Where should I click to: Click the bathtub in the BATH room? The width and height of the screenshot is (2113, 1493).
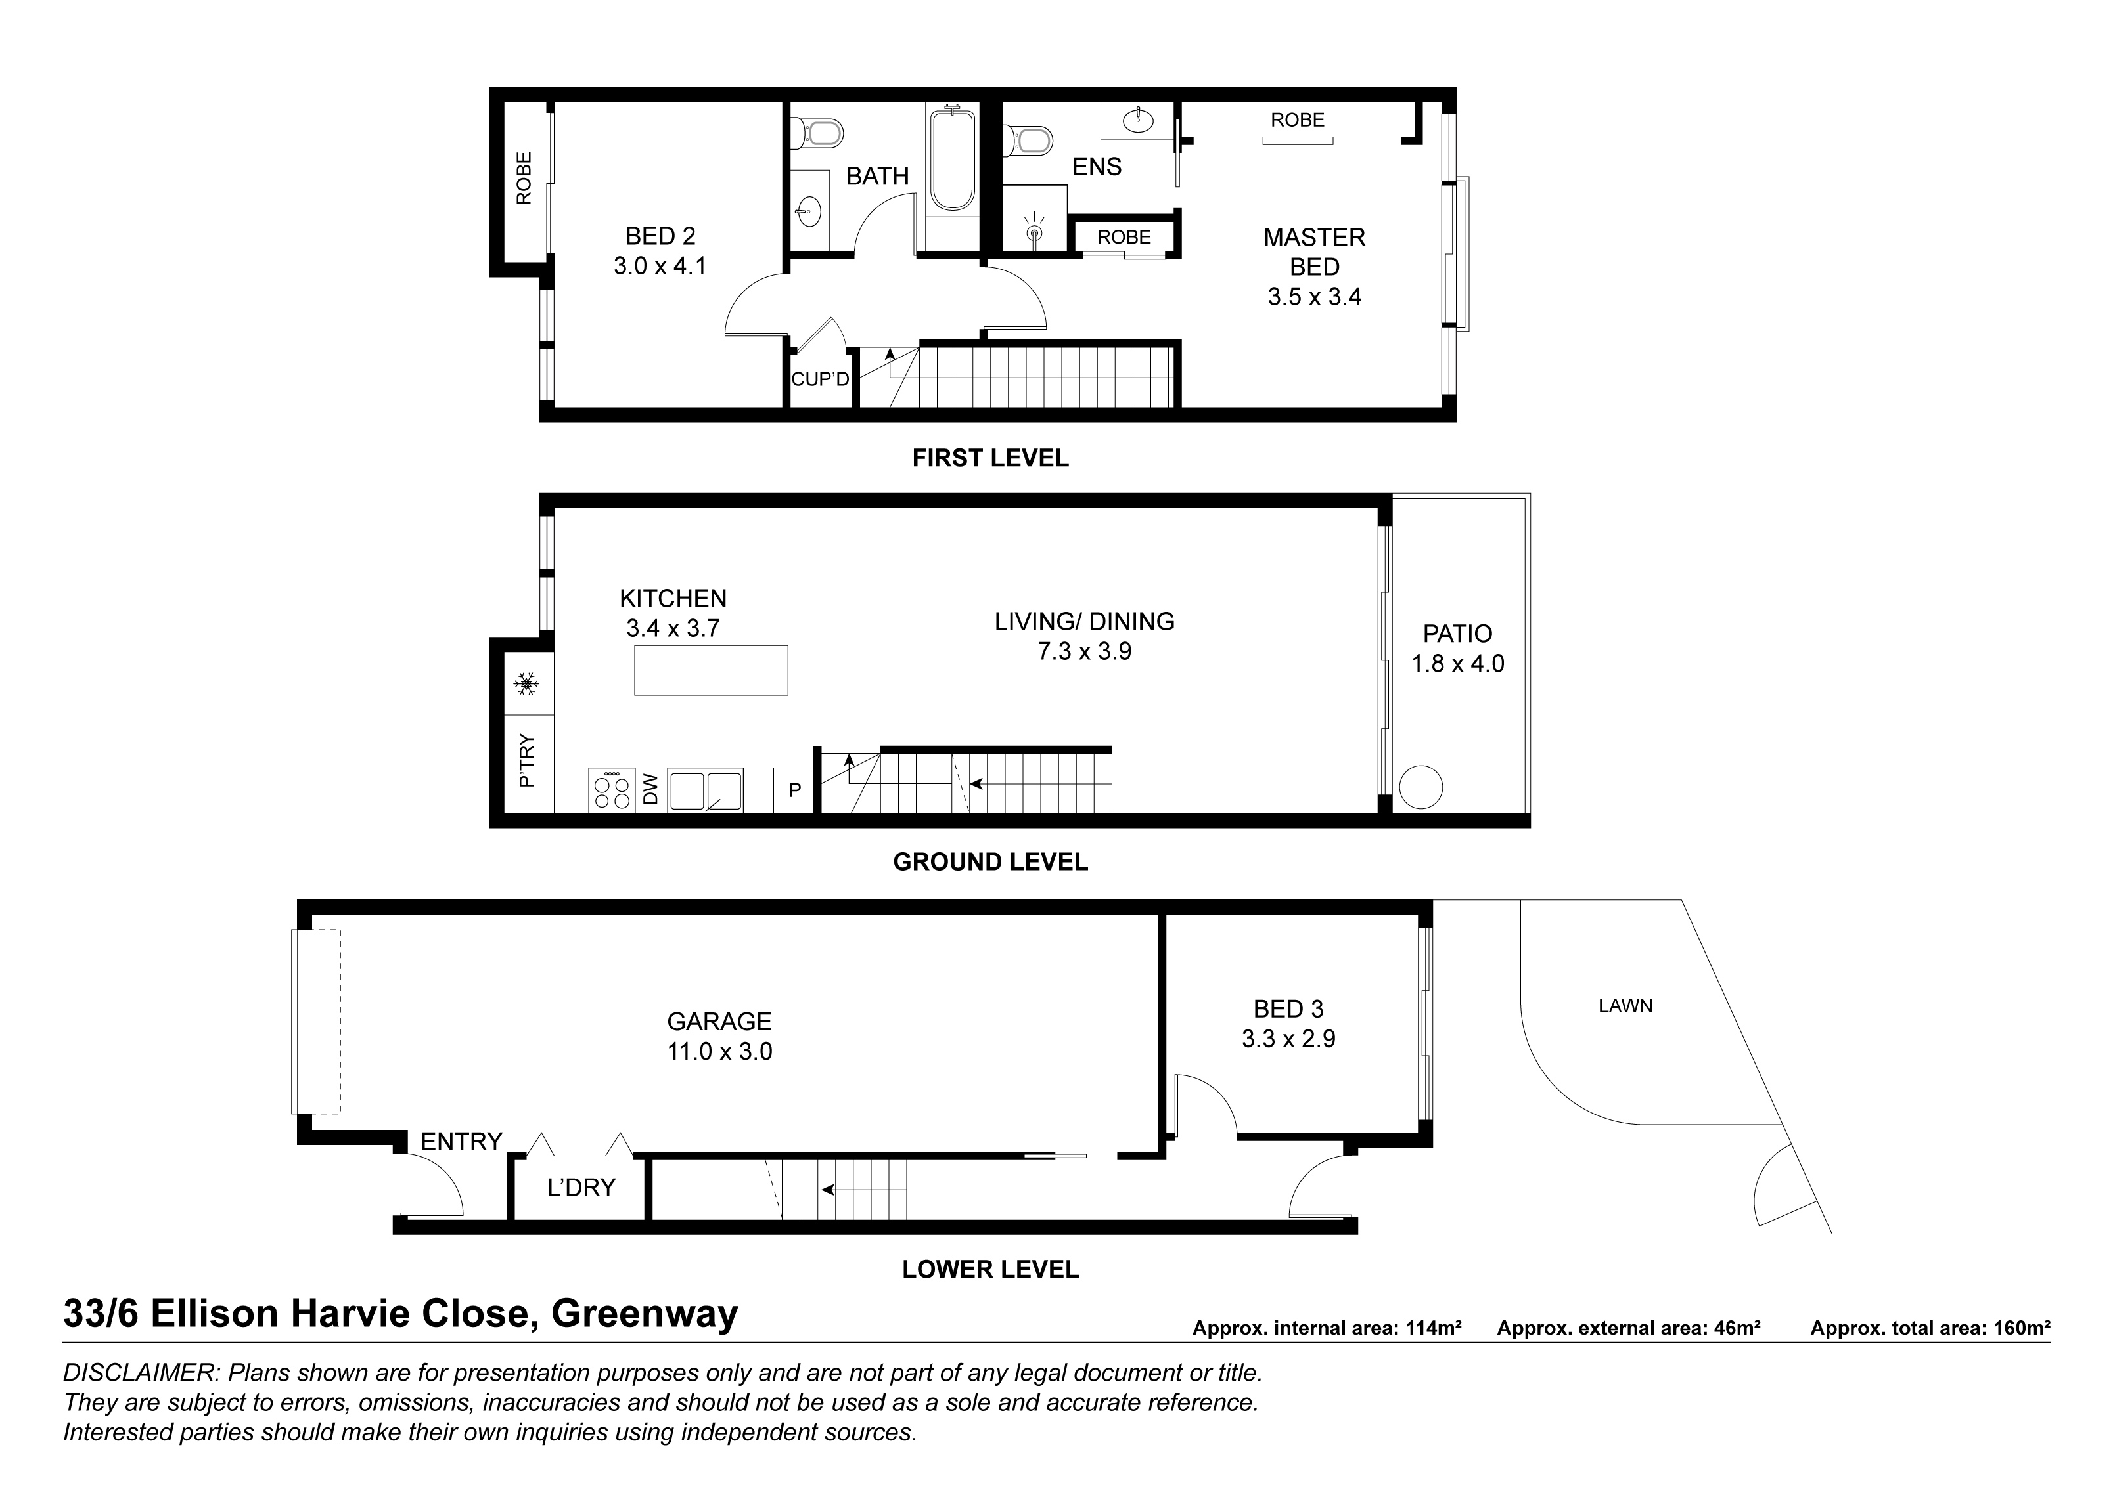tap(951, 160)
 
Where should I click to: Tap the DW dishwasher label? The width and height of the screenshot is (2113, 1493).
tap(650, 789)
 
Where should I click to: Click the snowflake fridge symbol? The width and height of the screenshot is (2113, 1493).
tap(526, 683)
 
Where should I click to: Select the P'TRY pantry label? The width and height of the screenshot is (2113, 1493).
tap(526, 760)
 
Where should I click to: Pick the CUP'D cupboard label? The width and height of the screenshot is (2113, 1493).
tap(820, 379)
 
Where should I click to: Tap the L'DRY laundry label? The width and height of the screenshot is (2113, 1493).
tap(581, 1188)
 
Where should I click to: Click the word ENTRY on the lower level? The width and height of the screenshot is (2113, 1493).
tap(461, 1142)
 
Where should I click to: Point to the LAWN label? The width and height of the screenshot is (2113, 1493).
tap(1625, 1006)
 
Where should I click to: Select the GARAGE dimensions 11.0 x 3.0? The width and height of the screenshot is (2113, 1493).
tap(719, 1051)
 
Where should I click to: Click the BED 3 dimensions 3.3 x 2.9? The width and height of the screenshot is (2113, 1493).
tap(1288, 1039)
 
